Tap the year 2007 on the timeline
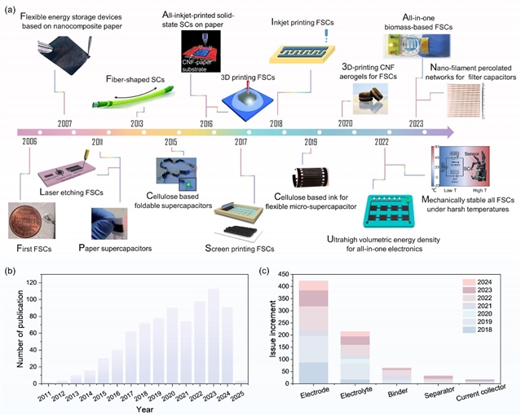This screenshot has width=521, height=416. coord(64,123)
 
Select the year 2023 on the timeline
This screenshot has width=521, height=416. coord(417,123)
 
